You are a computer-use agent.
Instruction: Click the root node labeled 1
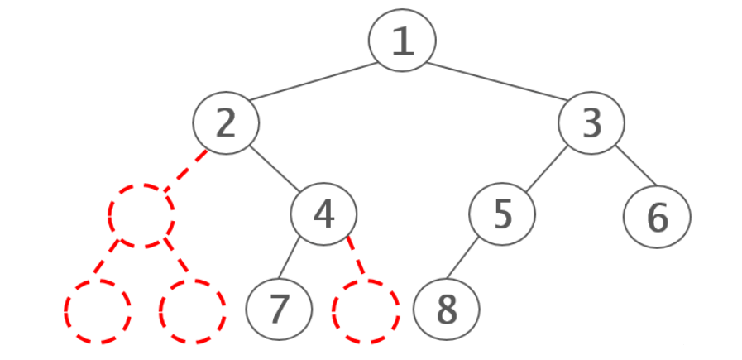click(402, 40)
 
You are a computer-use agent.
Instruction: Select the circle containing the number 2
click(226, 123)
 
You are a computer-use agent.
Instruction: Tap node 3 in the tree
click(591, 123)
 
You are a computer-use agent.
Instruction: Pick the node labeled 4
click(323, 214)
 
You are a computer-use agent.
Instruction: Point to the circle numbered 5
click(502, 214)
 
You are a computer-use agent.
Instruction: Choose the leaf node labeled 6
click(657, 217)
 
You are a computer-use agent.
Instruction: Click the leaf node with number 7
click(279, 309)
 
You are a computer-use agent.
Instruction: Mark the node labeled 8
click(446, 309)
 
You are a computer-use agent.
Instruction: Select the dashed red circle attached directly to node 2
click(141, 215)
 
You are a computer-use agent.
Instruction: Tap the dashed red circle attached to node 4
click(366, 311)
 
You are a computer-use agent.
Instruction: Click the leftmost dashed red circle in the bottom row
click(98, 311)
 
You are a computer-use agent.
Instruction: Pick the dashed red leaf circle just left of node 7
click(192, 311)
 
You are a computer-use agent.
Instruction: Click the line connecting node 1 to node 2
click(313, 81)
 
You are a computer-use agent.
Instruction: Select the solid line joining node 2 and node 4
click(275, 169)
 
